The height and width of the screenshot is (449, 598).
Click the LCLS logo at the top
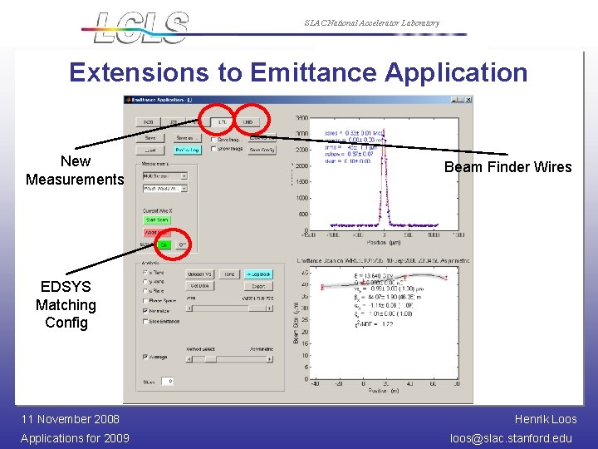141,27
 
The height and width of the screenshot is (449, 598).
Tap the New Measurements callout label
75,170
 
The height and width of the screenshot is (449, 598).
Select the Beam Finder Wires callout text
507,167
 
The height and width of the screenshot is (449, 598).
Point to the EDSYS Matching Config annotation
66,304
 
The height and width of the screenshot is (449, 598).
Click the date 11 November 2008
70,419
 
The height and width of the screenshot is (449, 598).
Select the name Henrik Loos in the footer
546,419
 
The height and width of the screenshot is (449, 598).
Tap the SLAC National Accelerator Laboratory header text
371,23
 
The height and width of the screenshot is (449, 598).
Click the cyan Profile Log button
186,150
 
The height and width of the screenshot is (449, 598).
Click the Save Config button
262,150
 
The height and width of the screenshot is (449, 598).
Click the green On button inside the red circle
164,244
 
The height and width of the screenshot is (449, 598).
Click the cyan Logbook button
258,274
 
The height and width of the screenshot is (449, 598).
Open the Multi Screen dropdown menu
164,176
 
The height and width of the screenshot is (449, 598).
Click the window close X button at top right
468,100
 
